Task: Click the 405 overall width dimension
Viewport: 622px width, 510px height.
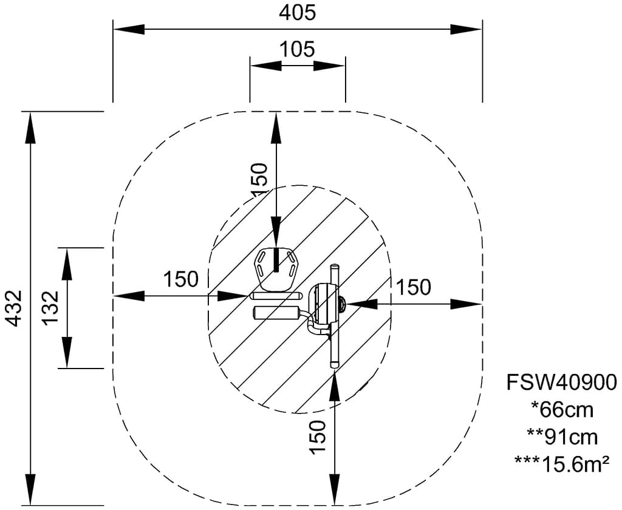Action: tap(298, 12)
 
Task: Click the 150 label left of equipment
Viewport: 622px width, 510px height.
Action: tap(180, 279)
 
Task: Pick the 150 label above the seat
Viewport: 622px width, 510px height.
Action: tap(260, 178)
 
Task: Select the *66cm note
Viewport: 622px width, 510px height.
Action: tap(562, 410)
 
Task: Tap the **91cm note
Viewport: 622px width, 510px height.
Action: tap(562, 437)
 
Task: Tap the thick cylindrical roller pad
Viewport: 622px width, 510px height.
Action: tap(276, 313)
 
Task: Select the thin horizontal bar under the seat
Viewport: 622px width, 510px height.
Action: tap(276, 296)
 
